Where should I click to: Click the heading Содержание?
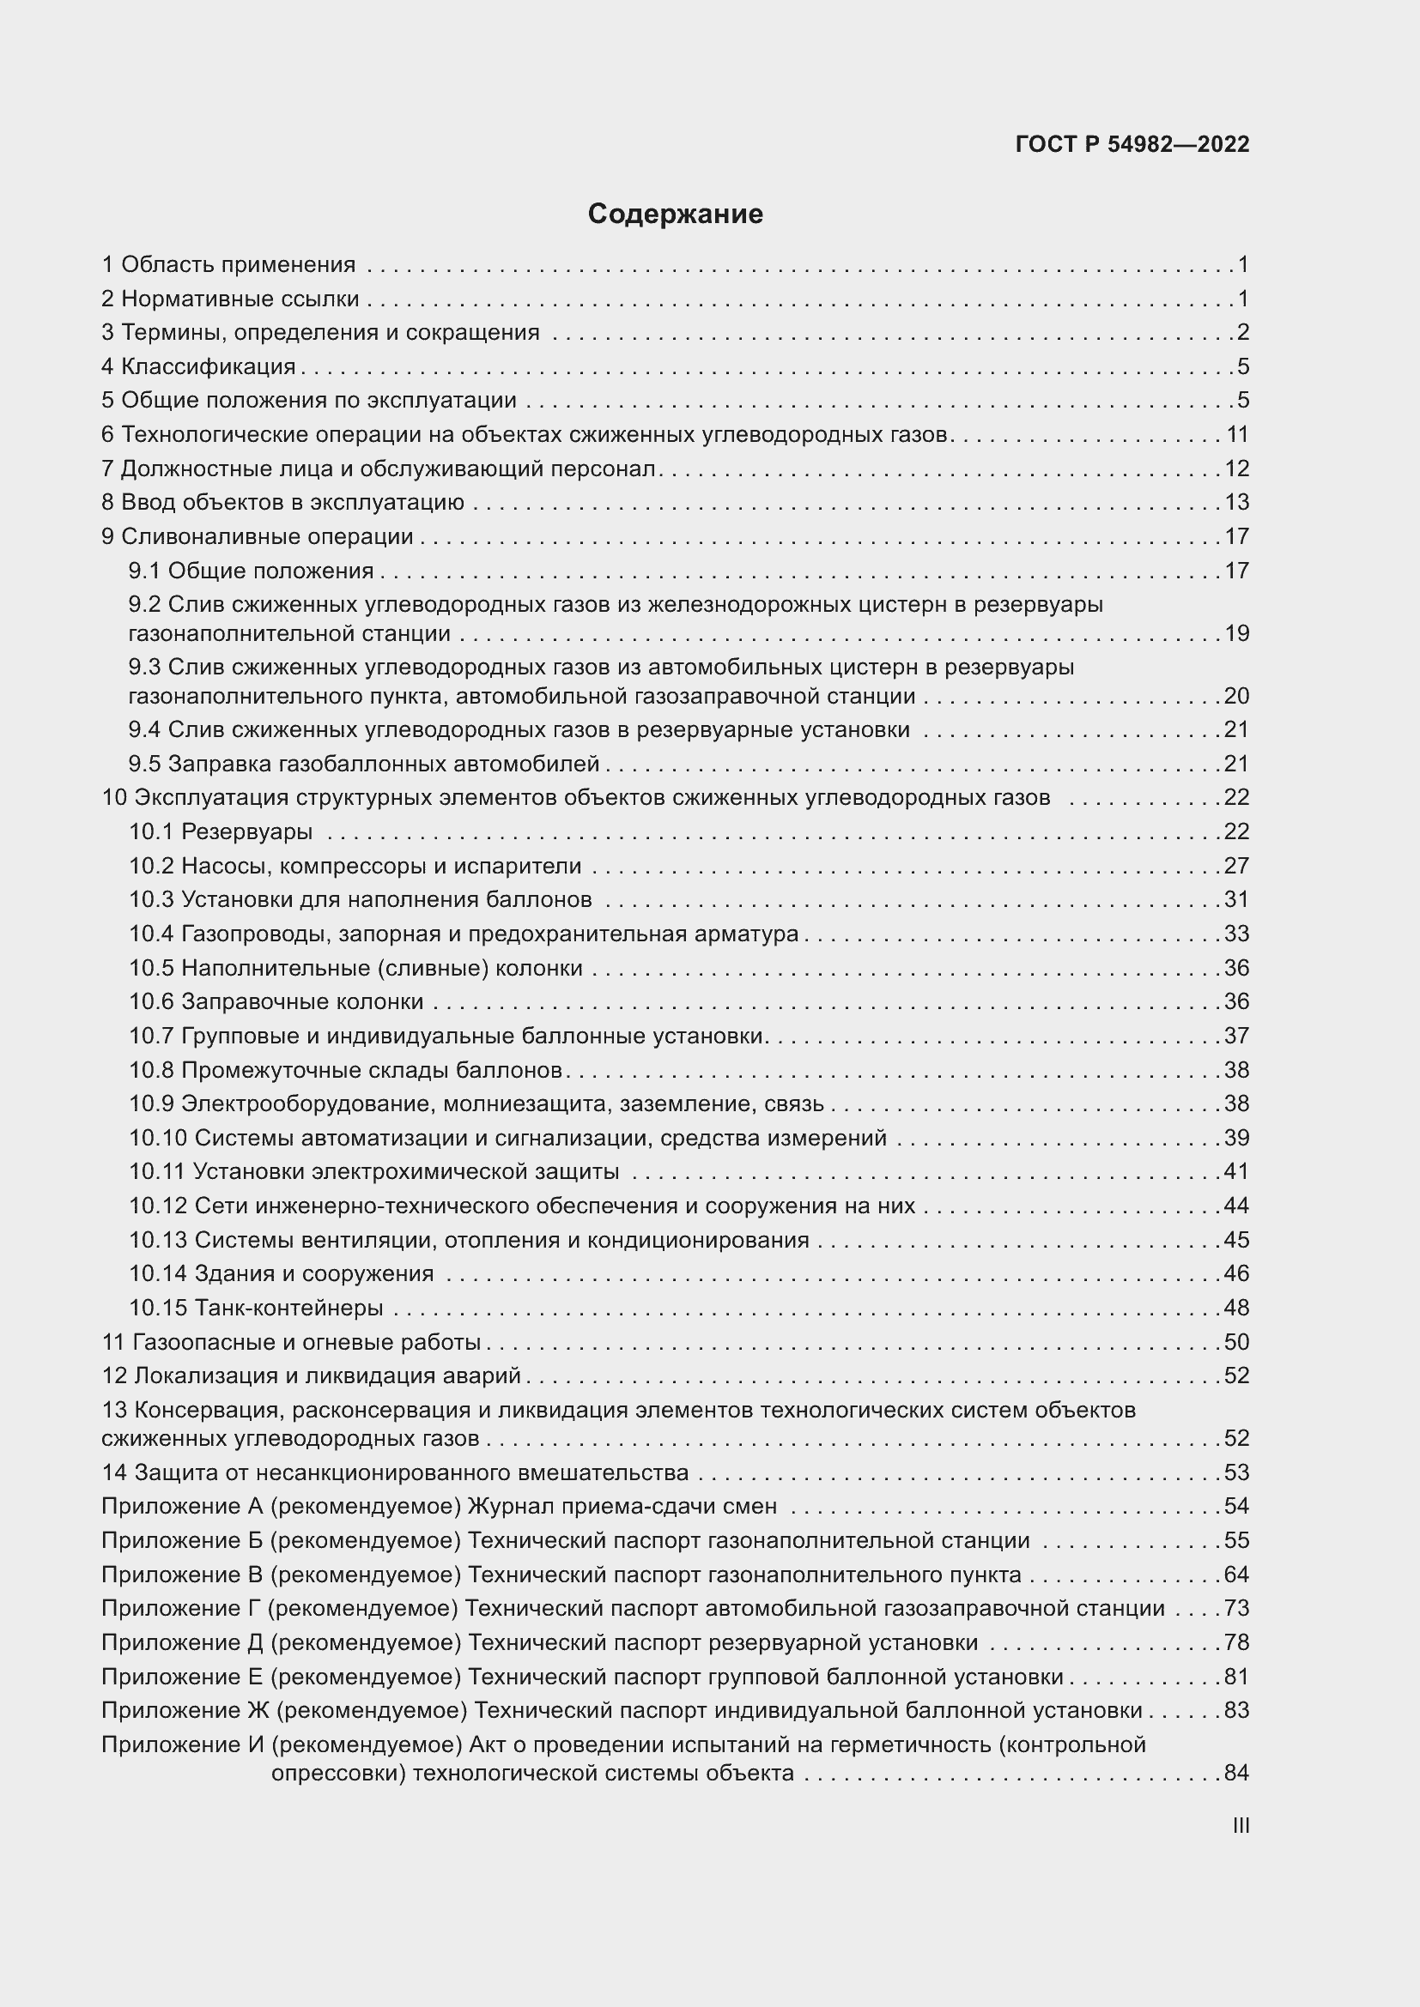[x=675, y=215]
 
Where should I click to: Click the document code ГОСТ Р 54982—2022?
[x=1132, y=145]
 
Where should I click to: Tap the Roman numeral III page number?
[x=1240, y=1825]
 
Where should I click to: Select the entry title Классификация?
[x=208, y=366]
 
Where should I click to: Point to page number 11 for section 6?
[x=1237, y=434]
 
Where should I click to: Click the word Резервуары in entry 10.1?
[x=246, y=831]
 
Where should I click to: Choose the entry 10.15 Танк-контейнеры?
[x=256, y=1308]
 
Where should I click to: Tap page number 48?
[x=1236, y=1308]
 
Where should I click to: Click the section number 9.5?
[x=144, y=764]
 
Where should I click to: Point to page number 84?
[x=1236, y=1773]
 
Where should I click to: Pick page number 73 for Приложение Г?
[x=1236, y=1608]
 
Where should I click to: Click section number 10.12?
[x=158, y=1206]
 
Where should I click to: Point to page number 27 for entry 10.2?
[x=1236, y=866]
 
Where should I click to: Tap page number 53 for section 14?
[x=1236, y=1472]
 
